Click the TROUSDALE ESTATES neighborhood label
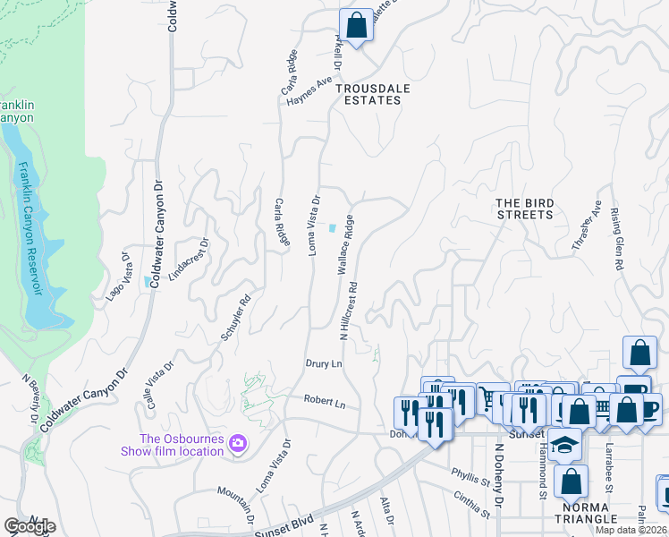(368, 95)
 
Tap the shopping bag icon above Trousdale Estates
(356, 26)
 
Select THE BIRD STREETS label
(524, 209)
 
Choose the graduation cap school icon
(565, 445)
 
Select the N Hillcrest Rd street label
(348, 313)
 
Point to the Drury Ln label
(324, 364)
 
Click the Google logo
(30, 526)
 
